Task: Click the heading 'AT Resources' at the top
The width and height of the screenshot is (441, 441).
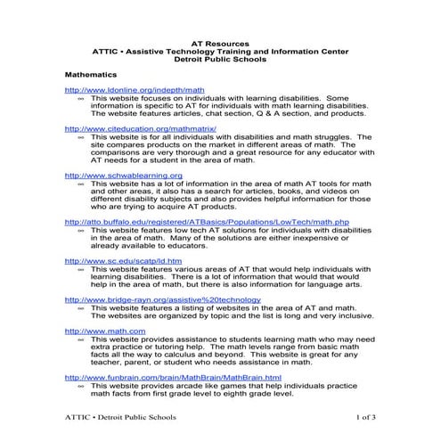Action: coord(221,41)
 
